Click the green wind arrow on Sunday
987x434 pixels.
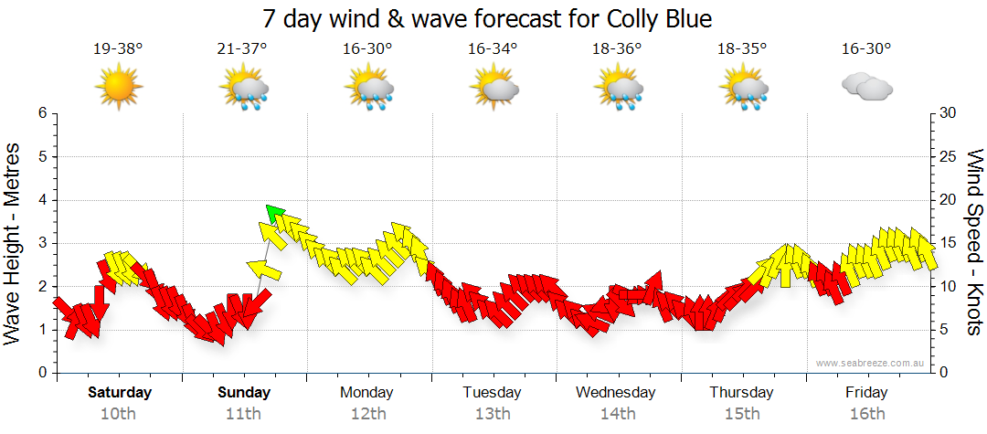click(273, 213)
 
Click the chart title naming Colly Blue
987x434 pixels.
click(486, 18)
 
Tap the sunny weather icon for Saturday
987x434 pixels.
click(119, 87)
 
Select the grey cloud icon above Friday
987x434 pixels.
click(866, 87)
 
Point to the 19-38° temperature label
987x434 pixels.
click(118, 48)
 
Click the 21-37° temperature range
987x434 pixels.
click(243, 48)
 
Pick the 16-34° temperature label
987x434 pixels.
click(493, 48)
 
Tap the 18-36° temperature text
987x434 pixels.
click(617, 48)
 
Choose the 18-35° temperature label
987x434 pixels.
click(741, 48)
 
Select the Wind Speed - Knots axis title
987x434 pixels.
click(974, 242)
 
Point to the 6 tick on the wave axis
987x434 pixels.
click(41, 113)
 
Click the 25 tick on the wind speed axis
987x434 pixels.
click(949, 156)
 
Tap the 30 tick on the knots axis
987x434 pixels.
click(949, 113)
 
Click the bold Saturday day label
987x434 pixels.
click(119, 393)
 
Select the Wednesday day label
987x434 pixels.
click(616, 393)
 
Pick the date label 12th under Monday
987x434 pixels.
click(367, 413)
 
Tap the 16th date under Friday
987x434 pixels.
click(866, 413)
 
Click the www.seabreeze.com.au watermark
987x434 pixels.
click(872, 363)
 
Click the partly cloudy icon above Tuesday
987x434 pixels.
click(493, 87)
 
